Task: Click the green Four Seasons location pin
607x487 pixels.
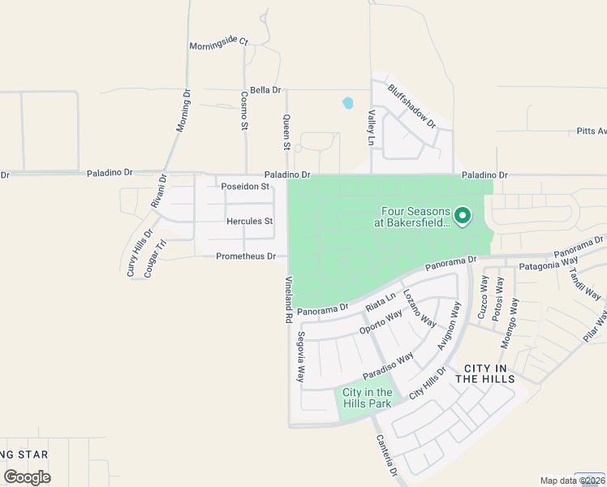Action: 463,215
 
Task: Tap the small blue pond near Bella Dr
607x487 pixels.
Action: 348,103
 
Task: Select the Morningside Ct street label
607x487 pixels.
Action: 218,45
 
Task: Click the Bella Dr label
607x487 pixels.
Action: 265,90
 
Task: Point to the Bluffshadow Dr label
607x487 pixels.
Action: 411,106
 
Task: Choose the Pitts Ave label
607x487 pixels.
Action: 591,131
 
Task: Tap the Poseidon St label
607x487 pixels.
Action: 245,187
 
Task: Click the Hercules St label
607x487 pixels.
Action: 250,221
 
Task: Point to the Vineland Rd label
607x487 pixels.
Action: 287,300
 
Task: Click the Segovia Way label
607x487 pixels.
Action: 300,357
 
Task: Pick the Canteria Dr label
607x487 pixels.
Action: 385,455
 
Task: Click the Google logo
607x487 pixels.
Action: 27,477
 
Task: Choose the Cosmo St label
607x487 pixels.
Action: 243,110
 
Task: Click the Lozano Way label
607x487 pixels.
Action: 419,308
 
